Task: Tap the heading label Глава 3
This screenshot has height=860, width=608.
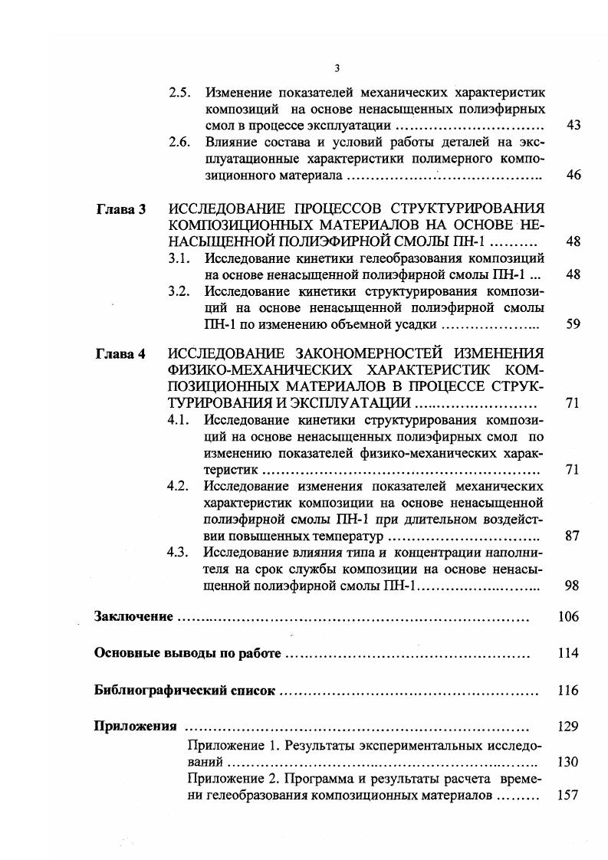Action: tap(120, 208)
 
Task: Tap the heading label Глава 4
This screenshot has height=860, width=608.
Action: tap(120, 353)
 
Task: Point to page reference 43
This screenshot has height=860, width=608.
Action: tap(572, 126)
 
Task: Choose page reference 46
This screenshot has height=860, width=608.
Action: tap(572, 176)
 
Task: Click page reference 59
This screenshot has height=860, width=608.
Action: tap(572, 324)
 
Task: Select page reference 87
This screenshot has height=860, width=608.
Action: tap(572, 536)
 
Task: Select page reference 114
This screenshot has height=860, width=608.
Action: tap(568, 654)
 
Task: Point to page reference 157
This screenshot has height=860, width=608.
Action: tap(568, 796)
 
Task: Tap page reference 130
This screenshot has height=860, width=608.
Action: tap(568, 763)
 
